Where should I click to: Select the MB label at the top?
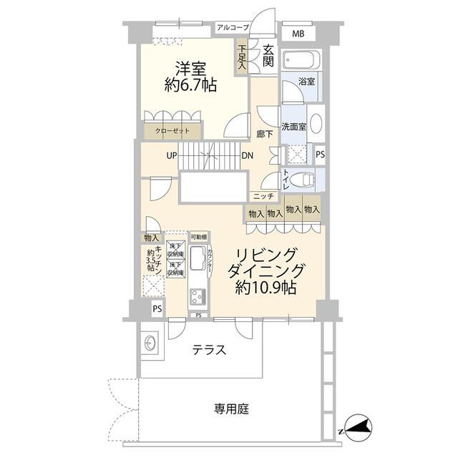(x=297, y=33)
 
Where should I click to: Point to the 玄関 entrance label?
(x=268, y=55)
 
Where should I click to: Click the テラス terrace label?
(x=210, y=351)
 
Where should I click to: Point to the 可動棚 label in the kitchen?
(x=198, y=237)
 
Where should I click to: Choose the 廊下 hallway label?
(x=263, y=134)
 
